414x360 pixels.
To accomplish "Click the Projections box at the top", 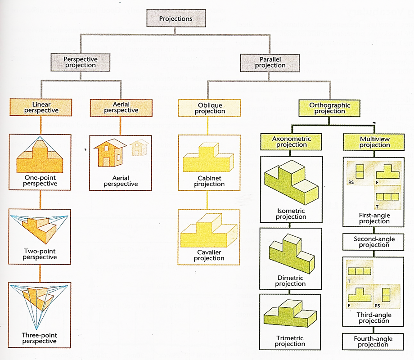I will [x=176, y=18].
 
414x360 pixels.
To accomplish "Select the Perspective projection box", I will [x=80, y=62].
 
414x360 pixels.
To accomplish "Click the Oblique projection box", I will [x=207, y=108].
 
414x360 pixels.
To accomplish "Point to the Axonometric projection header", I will [x=291, y=142].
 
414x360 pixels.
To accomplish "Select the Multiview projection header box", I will [x=374, y=142].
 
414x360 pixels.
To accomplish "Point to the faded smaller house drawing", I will [x=139, y=148].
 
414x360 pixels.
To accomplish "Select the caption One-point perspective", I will [x=40, y=180].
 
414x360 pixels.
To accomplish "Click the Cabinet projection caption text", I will [x=209, y=181].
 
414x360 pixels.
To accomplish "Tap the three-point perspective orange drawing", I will [x=40, y=306].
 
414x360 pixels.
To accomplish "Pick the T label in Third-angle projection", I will [x=349, y=281].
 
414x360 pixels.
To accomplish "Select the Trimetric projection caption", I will [x=290, y=341].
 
